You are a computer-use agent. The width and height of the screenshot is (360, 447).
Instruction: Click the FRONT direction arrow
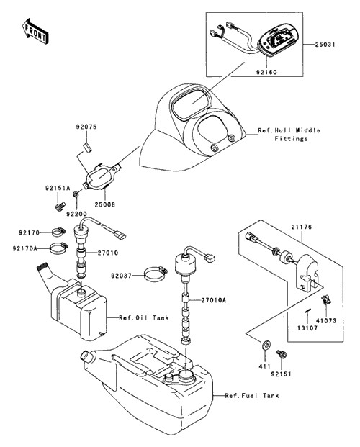coord(35,31)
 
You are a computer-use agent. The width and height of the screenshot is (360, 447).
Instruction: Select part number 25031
coord(325,45)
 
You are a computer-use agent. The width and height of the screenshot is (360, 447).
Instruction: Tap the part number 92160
coord(266,72)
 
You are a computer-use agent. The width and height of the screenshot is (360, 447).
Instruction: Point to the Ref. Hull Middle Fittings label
coord(289,135)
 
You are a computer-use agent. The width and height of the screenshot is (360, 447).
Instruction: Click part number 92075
coord(86,127)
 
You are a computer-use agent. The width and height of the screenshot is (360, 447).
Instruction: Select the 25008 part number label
coord(104,204)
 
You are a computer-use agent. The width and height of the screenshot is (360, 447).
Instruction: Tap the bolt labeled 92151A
coord(60,207)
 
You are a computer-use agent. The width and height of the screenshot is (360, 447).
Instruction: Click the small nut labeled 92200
coord(76,194)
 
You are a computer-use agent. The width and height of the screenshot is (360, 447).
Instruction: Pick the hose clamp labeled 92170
coord(59,232)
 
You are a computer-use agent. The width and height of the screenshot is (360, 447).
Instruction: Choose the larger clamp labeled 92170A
coord(59,248)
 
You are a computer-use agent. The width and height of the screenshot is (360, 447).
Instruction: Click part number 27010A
coord(213,300)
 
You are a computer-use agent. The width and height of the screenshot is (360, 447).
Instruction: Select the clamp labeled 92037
coord(156,274)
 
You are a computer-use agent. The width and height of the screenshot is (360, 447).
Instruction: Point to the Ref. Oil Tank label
coord(144,317)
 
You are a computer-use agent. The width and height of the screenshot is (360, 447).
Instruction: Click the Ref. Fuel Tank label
coord(252,395)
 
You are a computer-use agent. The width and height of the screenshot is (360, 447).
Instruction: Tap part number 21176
coord(302,227)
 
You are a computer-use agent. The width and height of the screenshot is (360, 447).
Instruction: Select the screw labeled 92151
coord(282,354)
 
